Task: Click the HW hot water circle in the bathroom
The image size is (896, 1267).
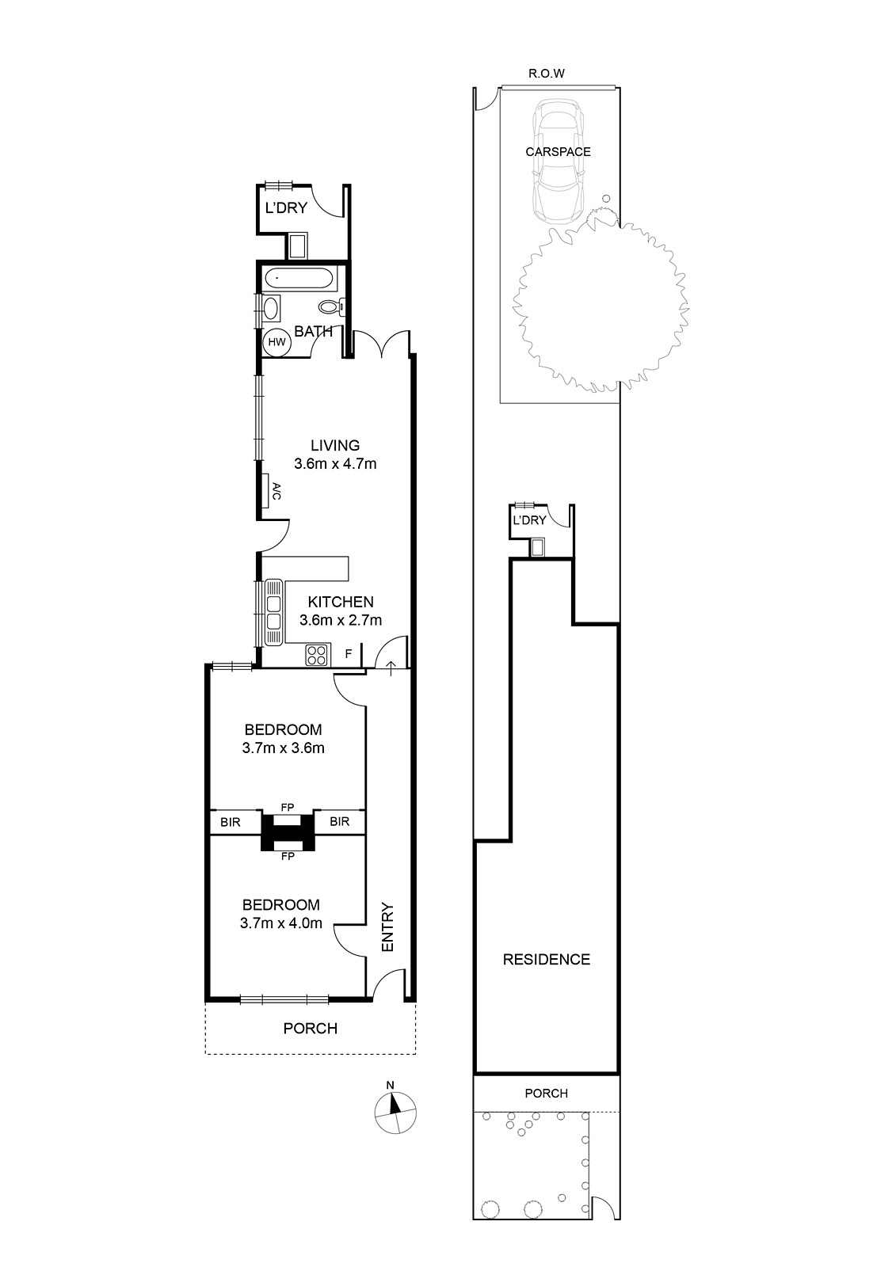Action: (x=276, y=342)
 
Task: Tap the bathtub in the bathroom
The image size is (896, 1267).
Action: (x=298, y=278)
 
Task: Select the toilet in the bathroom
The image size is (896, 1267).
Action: (x=332, y=306)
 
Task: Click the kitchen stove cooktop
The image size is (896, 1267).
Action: (x=317, y=655)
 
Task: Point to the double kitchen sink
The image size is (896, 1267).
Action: (x=274, y=613)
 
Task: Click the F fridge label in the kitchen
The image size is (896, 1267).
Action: (x=349, y=654)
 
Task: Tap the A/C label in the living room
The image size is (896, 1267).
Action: (x=276, y=491)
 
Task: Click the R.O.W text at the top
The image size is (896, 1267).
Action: (x=546, y=74)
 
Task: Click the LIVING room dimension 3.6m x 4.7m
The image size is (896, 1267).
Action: (x=335, y=464)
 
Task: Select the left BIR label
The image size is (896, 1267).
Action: (x=231, y=822)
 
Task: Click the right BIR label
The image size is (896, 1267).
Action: (x=340, y=821)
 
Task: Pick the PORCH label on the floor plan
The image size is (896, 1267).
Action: (x=311, y=1029)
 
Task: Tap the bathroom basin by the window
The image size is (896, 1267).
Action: (x=271, y=309)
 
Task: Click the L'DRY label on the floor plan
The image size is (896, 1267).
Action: (x=286, y=208)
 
